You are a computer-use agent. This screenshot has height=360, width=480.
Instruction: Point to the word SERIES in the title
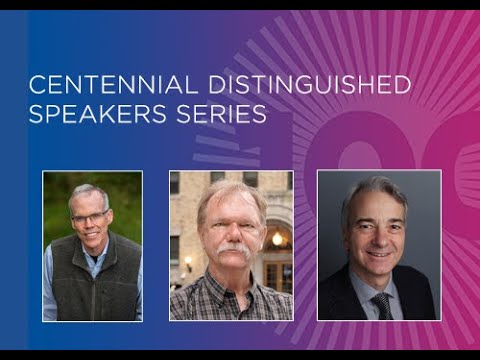coord(225,113)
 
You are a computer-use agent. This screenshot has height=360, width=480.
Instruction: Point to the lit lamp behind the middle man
coord(277,240)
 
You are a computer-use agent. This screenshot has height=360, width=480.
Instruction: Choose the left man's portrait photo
coord(92,246)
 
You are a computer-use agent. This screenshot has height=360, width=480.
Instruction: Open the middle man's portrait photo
coord(231,246)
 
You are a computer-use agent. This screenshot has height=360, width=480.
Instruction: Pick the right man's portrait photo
coord(378,246)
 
